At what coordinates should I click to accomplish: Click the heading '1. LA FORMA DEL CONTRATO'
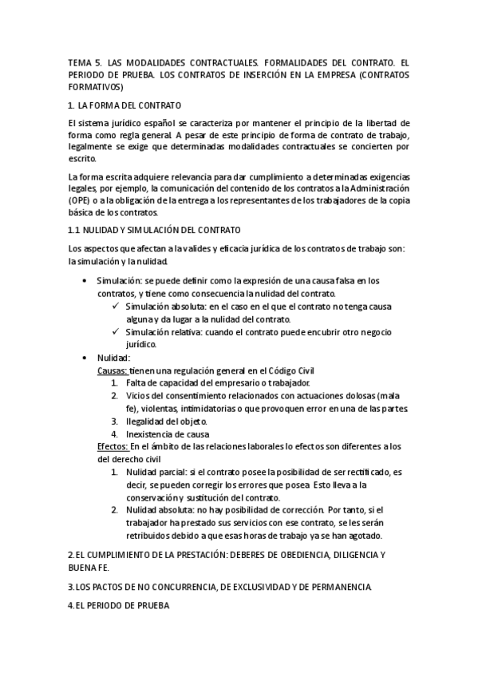coord(125,105)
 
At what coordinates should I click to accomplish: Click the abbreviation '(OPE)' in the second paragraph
coord(81,200)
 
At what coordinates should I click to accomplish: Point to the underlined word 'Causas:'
coord(112,371)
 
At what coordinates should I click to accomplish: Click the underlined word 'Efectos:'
coord(113,445)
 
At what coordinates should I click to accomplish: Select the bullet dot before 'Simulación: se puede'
coord(85,281)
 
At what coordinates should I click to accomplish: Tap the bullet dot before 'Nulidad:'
coord(85,358)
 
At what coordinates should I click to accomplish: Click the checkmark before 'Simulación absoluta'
coord(117,307)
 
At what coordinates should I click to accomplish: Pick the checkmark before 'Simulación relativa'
coord(117,332)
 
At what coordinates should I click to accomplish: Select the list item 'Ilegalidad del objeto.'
coord(166,421)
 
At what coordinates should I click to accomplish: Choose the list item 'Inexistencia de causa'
coord(165,434)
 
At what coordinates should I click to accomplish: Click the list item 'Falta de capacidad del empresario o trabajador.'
coord(211,383)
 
